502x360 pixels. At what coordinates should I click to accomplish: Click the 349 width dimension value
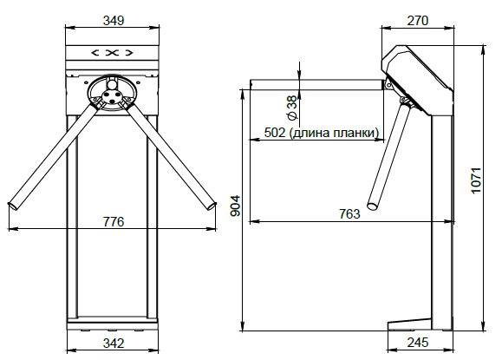point(114,21)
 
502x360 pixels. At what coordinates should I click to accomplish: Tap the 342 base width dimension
point(114,344)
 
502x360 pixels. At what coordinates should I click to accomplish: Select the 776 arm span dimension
point(114,221)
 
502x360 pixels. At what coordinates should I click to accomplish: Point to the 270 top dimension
point(418,21)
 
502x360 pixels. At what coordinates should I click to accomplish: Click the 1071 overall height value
point(476,180)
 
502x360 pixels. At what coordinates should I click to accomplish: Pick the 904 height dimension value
point(235,206)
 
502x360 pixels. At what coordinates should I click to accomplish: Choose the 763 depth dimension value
point(349,213)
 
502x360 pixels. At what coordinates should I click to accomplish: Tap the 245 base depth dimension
point(418,343)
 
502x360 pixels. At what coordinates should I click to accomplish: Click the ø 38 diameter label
point(292,108)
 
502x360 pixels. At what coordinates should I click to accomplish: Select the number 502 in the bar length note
point(274,132)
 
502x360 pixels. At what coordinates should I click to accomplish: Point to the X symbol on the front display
point(112,53)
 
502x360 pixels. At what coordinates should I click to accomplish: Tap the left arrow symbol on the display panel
point(95,53)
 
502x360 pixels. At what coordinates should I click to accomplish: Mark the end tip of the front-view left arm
point(13,206)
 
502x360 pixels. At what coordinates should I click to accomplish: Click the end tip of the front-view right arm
point(212,206)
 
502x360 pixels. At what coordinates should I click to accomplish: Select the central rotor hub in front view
point(112,96)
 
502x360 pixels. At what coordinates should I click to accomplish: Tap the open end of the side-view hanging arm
point(373,206)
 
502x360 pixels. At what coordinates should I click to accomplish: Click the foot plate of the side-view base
point(409,324)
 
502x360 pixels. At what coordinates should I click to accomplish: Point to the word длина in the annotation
point(310,133)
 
